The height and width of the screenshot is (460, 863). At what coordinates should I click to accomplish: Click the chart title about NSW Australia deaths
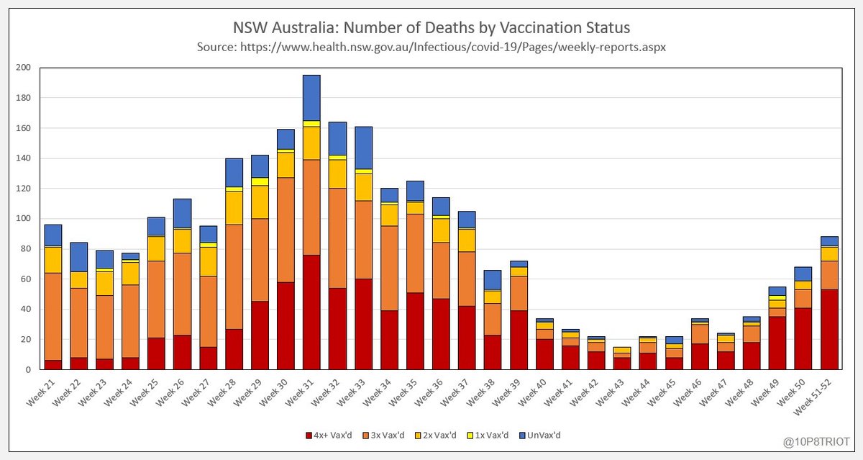point(431,28)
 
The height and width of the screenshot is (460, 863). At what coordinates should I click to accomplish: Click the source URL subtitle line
point(431,47)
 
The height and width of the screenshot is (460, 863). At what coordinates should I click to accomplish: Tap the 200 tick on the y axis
point(25,68)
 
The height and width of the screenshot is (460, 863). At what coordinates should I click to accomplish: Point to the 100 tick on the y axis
point(25,219)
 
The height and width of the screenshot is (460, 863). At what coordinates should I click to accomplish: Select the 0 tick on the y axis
point(29,370)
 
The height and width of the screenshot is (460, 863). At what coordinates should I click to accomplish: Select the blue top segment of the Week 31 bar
point(311,97)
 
